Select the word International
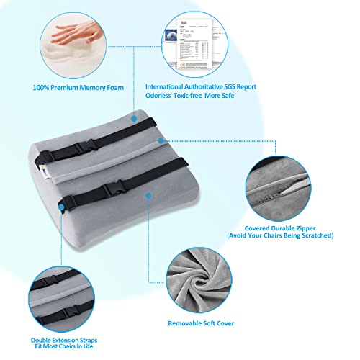tap(170, 86)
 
